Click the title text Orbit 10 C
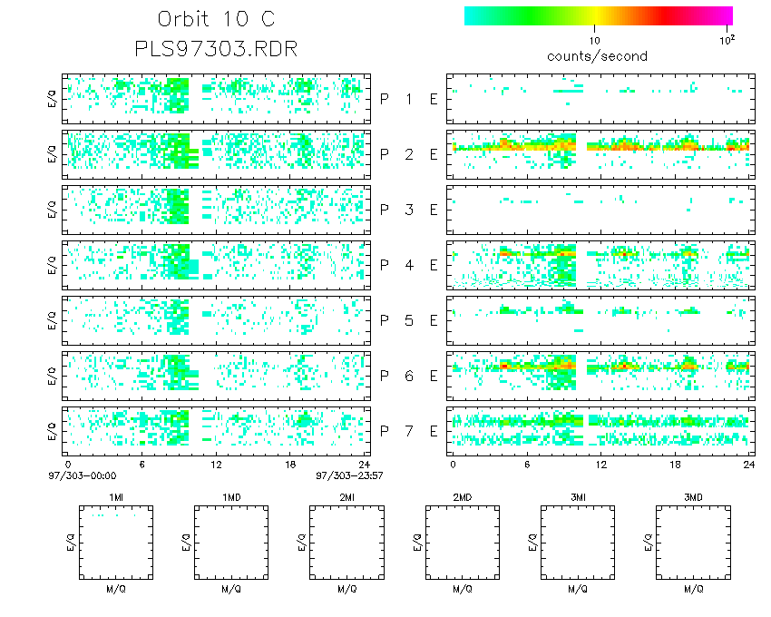point(215,20)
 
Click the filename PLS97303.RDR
point(215,48)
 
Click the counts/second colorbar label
point(597,56)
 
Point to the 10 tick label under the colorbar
point(595,41)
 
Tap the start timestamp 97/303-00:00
point(89,474)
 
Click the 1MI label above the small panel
point(116,498)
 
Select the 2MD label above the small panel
point(462,498)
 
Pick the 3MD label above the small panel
point(692,498)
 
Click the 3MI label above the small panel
point(577,498)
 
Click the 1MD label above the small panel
point(231,498)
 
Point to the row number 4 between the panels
point(409,265)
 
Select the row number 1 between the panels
point(409,99)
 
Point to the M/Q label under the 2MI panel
point(346,589)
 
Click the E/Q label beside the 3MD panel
point(648,543)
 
